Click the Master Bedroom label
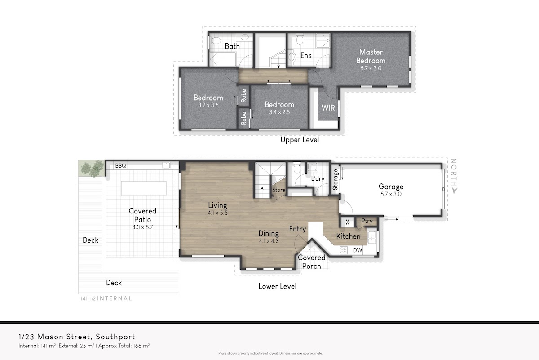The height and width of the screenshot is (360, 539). pos(371,56)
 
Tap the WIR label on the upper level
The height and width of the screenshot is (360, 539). pos(328,107)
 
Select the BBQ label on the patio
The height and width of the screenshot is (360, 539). pos(120,166)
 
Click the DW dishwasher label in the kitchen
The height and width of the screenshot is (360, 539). pos(358,250)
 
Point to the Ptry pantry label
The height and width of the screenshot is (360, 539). pos(367,221)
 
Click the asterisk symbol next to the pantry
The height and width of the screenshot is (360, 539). pos(348,222)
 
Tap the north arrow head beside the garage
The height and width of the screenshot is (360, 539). pos(454,191)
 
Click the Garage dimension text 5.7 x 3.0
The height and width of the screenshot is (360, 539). pos(391,194)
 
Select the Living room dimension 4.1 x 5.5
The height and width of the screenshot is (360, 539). pos(217,213)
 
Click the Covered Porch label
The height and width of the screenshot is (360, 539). pos(312,262)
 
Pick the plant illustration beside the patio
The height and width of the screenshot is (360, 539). pos(92,169)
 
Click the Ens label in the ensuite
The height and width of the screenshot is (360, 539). pos(306,56)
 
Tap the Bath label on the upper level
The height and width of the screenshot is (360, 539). pos(232,46)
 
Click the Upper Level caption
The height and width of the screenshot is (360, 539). pos(300,140)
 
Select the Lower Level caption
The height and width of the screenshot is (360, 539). pos(277,286)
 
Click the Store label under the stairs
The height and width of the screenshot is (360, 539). pos(278,190)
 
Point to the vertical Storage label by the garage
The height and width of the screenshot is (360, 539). pos(335,179)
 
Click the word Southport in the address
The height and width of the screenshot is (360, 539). pos(115,337)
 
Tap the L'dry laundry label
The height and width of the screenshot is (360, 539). pos(318,179)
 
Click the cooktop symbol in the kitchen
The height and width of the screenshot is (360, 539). pos(343,250)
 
